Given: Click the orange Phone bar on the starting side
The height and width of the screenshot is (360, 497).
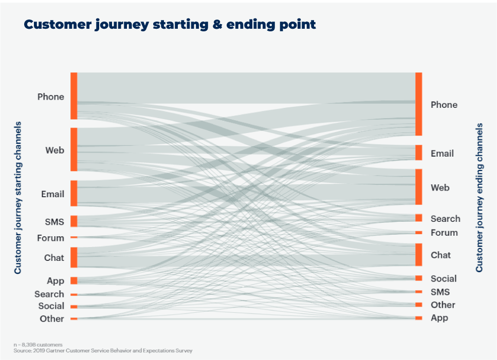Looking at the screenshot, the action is pos(74,96).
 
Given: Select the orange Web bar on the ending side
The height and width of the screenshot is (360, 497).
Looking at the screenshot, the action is pos(419,187).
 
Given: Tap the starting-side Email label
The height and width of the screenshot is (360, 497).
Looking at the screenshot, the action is pos(52,194).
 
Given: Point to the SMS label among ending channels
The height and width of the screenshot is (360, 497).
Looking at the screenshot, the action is pos(440,292).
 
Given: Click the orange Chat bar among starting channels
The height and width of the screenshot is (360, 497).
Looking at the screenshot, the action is pos(74,257).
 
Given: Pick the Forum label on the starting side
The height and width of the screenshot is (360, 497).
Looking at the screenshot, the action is pos(50,238).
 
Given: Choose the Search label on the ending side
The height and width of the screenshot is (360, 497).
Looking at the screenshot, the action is pos(445,218).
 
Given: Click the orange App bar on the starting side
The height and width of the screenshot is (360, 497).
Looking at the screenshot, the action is pos(74,280).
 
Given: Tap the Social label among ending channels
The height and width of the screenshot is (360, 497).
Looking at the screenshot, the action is pos(444,279).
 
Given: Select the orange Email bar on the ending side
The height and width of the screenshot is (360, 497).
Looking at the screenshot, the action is pos(419,153).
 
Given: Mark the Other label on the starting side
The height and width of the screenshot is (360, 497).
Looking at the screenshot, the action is pos(52,318).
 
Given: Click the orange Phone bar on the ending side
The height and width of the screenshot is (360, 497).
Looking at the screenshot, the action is pos(419,104).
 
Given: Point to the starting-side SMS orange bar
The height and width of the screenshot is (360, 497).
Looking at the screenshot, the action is pos(74,221).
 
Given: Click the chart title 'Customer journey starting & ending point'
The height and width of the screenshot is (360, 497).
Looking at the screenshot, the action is pos(170,24).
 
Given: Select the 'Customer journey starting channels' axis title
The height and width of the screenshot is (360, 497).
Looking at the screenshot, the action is pos(18,198).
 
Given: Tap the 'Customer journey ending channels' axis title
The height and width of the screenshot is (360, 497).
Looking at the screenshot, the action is pos(479,198).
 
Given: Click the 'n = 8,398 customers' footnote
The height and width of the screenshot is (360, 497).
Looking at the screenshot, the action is pos(38,345).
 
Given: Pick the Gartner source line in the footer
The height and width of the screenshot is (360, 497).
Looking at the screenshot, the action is pos(103,351).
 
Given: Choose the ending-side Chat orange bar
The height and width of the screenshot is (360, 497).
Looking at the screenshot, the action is pos(419,255).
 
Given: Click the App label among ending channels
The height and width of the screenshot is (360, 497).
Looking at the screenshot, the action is pos(439,318).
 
